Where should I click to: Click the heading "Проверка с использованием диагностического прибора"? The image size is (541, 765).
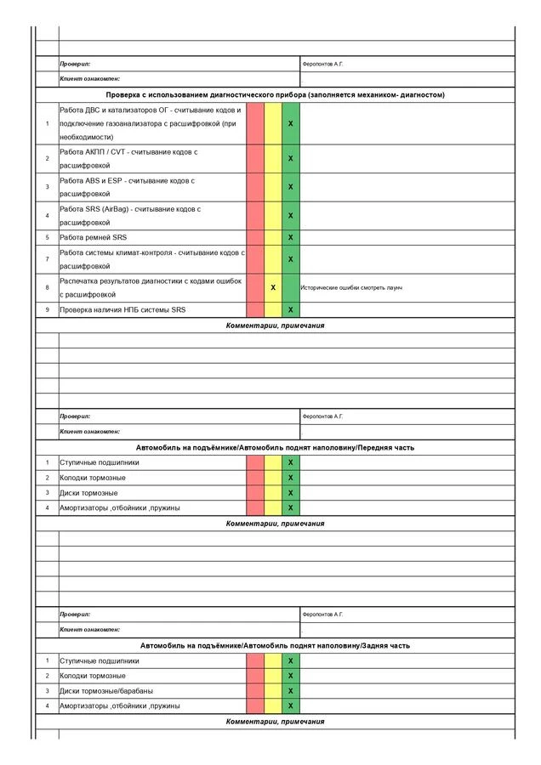[275, 95]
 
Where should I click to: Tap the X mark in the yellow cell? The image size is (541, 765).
[273, 288]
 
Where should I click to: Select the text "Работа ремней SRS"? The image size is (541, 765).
[93, 237]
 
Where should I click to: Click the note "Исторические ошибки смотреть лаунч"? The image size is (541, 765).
[351, 288]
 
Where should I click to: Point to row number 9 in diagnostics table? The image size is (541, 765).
[47, 310]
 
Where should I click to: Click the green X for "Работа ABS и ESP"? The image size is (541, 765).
[291, 187]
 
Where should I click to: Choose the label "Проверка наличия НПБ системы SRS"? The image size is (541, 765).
[122, 310]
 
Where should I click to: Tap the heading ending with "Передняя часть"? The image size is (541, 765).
[275, 447]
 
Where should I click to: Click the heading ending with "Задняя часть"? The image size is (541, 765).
[275, 646]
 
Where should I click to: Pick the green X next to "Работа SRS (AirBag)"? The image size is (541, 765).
[291, 216]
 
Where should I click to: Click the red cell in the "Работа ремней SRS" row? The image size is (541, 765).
[255, 237]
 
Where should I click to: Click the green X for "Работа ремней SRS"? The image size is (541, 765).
[291, 237]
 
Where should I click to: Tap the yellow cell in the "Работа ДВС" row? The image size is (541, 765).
[273, 124]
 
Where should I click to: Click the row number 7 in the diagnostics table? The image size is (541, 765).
[47, 259]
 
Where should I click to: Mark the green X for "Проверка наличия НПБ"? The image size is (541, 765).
[291, 310]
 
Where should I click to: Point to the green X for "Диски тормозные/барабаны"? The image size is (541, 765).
[291, 691]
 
